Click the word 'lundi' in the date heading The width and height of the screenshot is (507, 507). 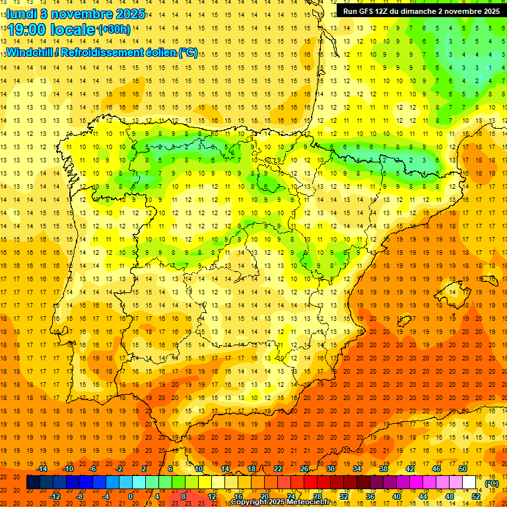pyautogui.click(x=22, y=13)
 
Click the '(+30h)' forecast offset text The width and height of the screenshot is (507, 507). pyautogui.click(x=114, y=30)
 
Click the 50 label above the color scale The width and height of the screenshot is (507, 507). pyautogui.click(x=462, y=469)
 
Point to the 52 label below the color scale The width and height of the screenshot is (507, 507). pyautogui.click(x=475, y=496)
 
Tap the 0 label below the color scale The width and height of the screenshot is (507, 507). pyautogui.click(x=131, y=496)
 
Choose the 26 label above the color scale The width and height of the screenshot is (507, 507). pyautogui.click(x=304, y=469)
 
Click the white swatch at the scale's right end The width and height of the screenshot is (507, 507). pyautogui.click(x=469, y=483)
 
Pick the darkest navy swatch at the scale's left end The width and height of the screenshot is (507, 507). pyautogui.click(x=33, y=483)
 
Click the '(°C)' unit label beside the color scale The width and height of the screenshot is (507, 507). pyautogui.click(x=491, y=483)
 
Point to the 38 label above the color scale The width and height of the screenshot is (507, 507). pyautogui.click(x=384, y=469)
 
